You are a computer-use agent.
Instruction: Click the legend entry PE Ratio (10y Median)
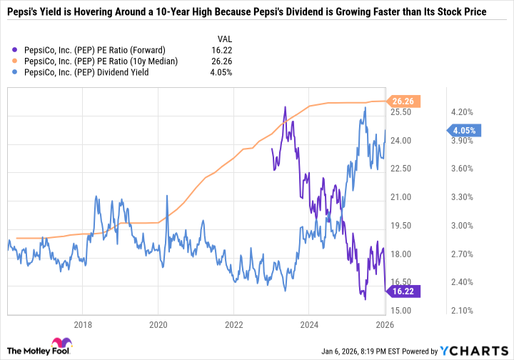coord(101,61)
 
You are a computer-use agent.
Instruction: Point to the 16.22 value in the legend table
coord(226,50)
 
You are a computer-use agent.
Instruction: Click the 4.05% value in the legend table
coord(225,73)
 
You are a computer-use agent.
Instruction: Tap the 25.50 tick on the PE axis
coord(401,112)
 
